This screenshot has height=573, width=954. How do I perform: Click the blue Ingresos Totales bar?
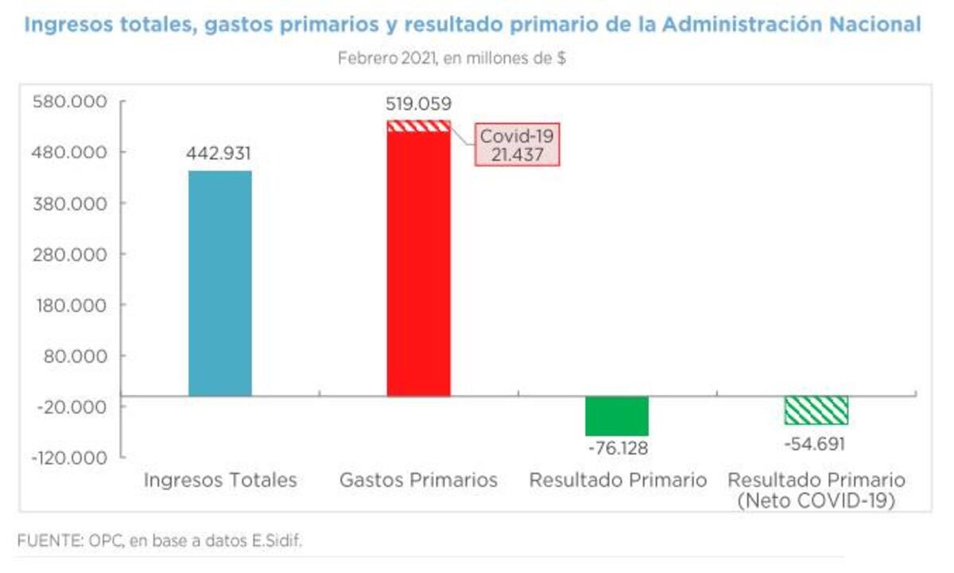pyautogui.click(x=220, y=283)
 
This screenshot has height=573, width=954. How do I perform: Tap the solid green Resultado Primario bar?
pyautogui.click(x=617, y=415)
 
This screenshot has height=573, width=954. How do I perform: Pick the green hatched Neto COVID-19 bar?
pyautogui.click(x=816, y=410)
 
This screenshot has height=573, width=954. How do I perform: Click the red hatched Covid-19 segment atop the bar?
pyautogui.click(x=419, y=126)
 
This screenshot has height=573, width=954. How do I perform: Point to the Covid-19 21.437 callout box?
pyautogui.click(x=518, y=145)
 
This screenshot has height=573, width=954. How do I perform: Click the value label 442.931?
pyautogui.click(x=219, y=154)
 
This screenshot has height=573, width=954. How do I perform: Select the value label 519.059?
pyautogui.click(x=418, y=103)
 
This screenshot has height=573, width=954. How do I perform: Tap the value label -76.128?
pyautogui.click(x=618, y=448)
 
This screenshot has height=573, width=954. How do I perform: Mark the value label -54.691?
pyautogui.click(x=815, y=443)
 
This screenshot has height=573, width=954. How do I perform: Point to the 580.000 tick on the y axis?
pyautogui.click(x=69, y=102)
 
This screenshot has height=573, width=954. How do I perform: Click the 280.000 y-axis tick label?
pyautogui.click(x=69, y=254)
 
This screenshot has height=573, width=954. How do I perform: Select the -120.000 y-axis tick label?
pyautogui.click(x=68, y=458)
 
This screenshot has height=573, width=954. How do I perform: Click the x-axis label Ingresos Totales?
pyautogui.click(x=220, y=481)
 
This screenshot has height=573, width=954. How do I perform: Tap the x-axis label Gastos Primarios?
pyautogui.click(x=418, y=481)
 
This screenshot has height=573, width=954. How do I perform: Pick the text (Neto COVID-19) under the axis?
pyautogui.click(x=816, y=501)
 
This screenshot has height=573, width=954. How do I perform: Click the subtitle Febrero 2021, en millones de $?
pyautogui.click(x=452, y=58)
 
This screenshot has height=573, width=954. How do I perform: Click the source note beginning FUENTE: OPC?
pyautogui.click(x=160, y=540)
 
